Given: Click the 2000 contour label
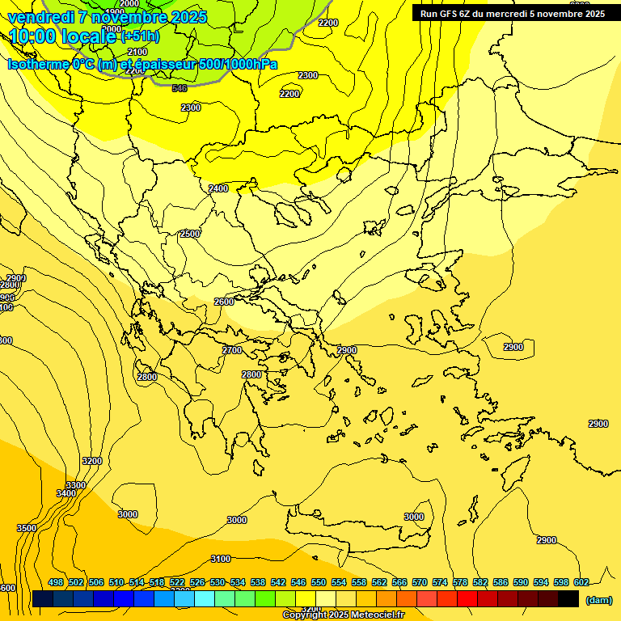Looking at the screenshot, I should point(129,4).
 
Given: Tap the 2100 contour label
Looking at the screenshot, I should point(137,52).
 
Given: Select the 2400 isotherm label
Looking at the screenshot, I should point(218,188).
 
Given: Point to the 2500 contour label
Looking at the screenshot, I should point(190,234).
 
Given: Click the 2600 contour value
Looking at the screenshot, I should point(224,302).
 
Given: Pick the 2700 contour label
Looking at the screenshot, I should point(232,350).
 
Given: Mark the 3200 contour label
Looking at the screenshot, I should point(92,461).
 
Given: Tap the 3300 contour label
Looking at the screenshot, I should point(75,485).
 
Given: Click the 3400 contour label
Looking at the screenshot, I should point(66,493).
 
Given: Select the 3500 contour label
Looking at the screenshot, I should point(27,528).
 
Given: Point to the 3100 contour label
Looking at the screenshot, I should point(220,559).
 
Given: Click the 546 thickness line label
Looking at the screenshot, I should point(180,88).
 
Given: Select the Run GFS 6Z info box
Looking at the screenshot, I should point(513,14).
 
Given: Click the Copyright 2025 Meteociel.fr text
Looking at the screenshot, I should point(343,615).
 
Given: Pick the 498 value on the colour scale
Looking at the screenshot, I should point(56,582).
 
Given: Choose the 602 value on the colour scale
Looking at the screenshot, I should point(581,582).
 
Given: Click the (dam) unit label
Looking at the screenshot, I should point(599,599).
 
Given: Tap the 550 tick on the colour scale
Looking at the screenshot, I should point(319,582).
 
